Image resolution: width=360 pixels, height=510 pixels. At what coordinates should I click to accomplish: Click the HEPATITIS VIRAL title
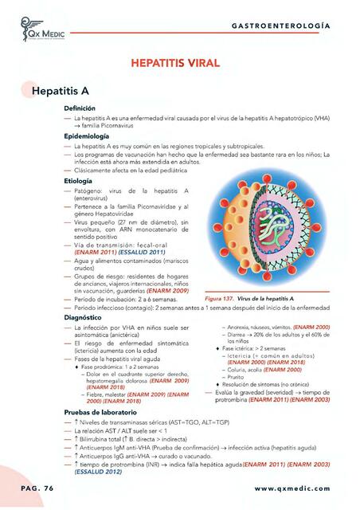pyautogui.click(x=180, y=62)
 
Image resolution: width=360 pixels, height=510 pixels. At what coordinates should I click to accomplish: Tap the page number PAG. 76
pyautogui.click(x=27, y=487)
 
